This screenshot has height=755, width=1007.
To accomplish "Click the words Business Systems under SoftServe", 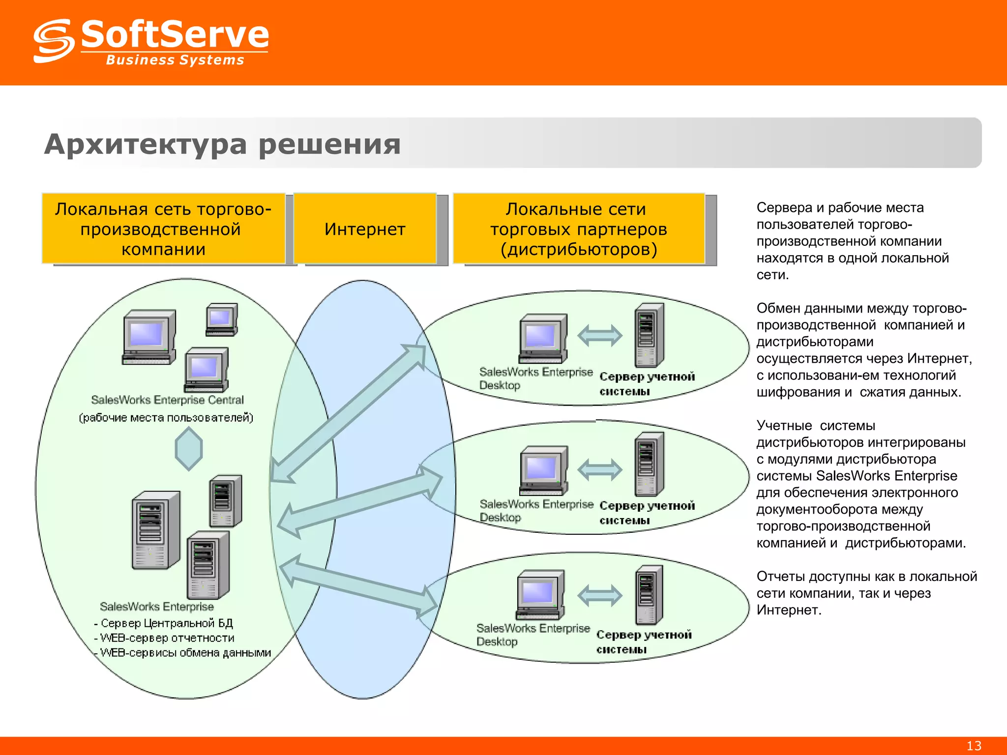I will click(175, 60).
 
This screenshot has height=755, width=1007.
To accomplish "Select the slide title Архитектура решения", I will click(222, 145).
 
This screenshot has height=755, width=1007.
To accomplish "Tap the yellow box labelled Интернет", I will click(365, 229).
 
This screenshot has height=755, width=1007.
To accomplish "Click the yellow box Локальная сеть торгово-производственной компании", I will click(163, 229).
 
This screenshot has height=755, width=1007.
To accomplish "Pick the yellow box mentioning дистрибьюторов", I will click(579, 229).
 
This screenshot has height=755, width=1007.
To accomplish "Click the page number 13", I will click(974, 746).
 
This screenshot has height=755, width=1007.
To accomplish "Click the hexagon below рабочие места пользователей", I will click(189, 448).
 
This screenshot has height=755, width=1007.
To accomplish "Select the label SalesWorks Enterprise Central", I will click(167, 400).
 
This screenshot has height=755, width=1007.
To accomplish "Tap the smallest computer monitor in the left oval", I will click(222, 319).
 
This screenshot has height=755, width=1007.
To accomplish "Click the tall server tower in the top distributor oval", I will click(649, 335).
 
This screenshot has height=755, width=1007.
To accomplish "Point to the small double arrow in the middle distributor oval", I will click(599, 469).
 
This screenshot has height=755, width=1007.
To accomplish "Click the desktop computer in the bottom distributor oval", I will click(540, 595).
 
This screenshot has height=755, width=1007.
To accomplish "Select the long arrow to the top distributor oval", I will click(348, 413).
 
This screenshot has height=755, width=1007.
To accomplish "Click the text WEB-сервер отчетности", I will click(167, 638).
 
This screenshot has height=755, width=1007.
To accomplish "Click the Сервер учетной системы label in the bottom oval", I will click(644, 641).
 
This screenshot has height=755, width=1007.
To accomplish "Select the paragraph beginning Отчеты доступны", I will click(866, 593).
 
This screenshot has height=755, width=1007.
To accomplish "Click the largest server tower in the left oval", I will click(156, 530).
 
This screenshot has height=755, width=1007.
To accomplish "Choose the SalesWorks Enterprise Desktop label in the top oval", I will click(535, 378).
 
